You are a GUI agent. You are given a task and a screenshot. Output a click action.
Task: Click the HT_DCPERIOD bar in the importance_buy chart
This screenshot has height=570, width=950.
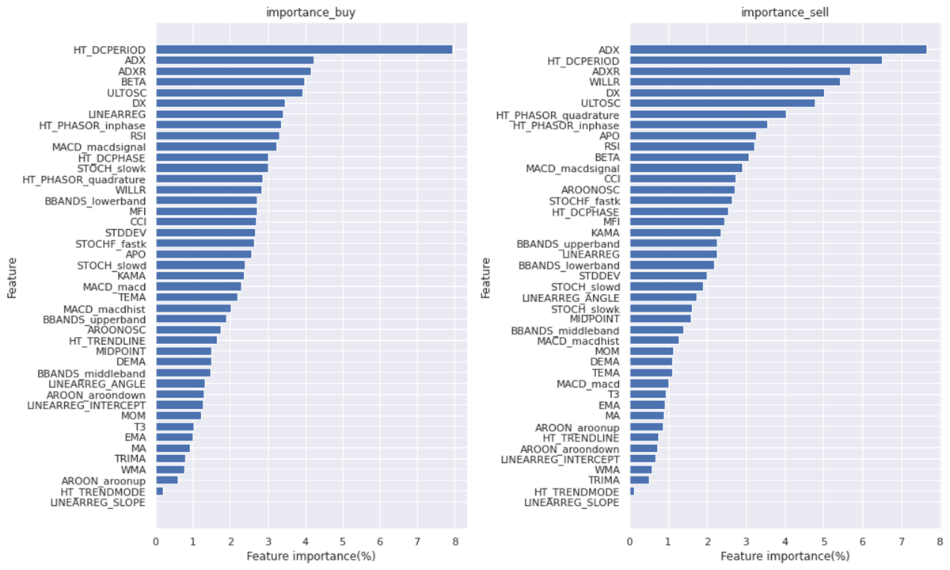click(304, 49)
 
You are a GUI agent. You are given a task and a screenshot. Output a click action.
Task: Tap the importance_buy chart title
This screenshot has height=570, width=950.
click(310, 12)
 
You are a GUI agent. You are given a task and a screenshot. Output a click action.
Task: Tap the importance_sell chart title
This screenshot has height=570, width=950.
click(785, 12)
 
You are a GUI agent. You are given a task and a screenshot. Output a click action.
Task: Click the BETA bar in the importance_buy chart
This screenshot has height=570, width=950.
click(230, 82)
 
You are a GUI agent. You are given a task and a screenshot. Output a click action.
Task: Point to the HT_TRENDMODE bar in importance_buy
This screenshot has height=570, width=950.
click(159, 492)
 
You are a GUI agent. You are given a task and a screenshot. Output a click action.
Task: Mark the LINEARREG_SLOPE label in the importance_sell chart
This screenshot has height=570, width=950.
click(572, 502)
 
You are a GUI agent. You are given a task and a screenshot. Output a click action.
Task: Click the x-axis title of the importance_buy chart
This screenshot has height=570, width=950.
click(310, 557)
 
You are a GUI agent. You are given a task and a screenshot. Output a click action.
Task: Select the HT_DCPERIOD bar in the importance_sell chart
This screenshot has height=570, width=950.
click(755, 60)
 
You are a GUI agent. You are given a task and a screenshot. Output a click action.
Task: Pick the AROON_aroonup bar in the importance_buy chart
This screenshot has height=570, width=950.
click(166, 480)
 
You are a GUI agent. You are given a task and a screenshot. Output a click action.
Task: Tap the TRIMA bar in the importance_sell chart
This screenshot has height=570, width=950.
click(639, 480)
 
